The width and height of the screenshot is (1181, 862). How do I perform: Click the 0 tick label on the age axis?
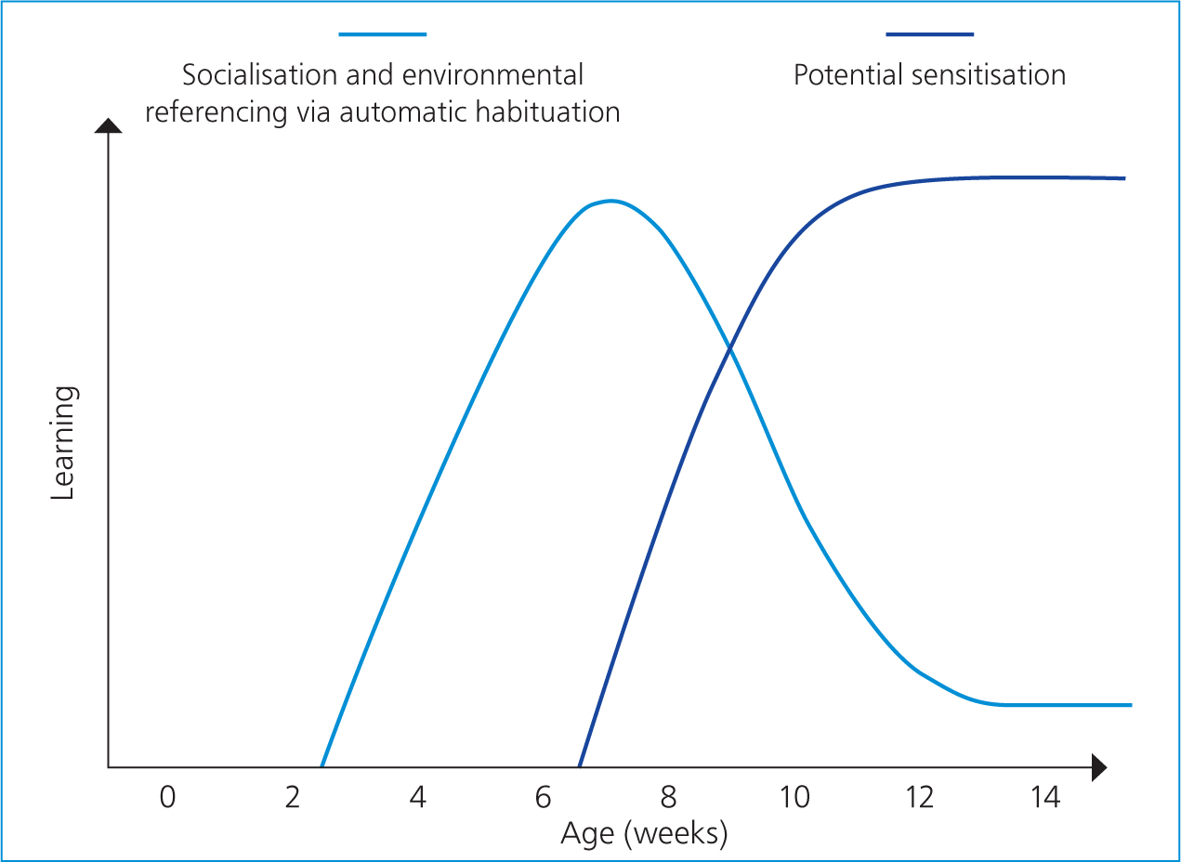[x=167, y=797]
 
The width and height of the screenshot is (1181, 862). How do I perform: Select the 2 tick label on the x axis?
[x=293, y=797]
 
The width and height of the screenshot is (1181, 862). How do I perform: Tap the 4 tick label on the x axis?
[x=417, y=797]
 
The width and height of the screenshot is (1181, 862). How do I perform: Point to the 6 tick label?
[x=543, y=797]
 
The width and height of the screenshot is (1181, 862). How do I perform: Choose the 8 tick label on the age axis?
[x=668, y=797]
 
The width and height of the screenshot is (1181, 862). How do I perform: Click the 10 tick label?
[x=794, y=797]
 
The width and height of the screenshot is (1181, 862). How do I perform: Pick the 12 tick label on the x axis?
[x=920, y=797]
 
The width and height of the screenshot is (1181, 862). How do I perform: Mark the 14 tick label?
[x=1045, y=797]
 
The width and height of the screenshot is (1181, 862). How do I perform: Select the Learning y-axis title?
[x=63, y=443]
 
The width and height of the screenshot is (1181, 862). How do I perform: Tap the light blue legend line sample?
[x=382, y=34]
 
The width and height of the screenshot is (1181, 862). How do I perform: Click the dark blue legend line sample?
[x=929, y=34]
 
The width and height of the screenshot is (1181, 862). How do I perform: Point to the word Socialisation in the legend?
[x=259, y=75]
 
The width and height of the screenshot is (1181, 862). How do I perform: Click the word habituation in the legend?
[x=548, y=112]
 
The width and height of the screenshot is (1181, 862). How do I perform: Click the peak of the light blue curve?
[x=611, y=201]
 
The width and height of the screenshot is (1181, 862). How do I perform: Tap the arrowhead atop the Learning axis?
[x=108, y=125]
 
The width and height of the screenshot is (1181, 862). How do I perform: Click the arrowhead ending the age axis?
[x=1098, y=767]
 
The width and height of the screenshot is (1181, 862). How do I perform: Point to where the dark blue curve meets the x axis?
[x=580, y=766]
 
